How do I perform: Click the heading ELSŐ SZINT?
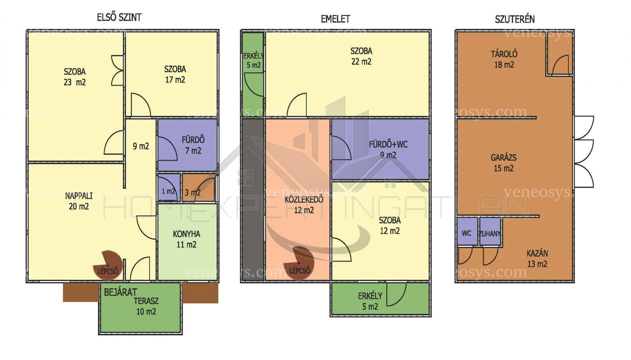coord(119,17)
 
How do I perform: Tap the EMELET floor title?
coord(335,19)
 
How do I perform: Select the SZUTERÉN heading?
coord(515,19)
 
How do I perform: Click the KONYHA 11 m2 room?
coord(187,241)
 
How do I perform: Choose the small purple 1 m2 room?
coord(169,187)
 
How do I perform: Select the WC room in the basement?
coord(467,231)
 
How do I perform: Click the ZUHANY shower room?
coord(490,231)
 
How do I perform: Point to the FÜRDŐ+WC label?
coord(388,145)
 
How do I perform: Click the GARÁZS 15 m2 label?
coord(503,163)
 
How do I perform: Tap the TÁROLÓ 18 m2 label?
coord(504,59)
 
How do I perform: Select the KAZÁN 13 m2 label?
coord(537,259)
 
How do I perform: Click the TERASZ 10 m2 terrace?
coord(141,308)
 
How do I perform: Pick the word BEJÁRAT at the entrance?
coord(120,292)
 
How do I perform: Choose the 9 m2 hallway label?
coord(141,146)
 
